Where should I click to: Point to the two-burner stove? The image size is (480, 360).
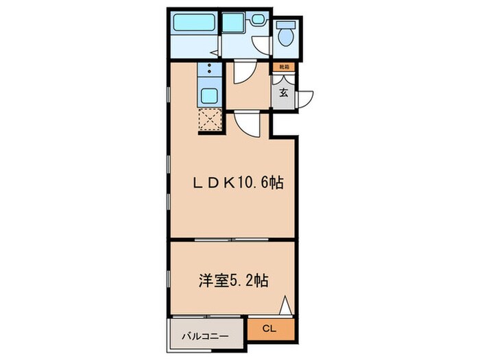(209, 71)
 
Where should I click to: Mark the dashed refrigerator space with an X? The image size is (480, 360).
(209, 121)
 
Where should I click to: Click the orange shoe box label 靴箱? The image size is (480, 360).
(283, 67)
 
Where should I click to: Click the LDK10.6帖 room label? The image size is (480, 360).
(237, 182)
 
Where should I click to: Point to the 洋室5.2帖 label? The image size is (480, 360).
(233, 280)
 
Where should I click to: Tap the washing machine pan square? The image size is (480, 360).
(233, 23)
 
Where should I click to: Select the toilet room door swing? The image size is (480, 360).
(261, 44)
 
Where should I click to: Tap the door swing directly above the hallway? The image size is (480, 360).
(244, 72)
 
